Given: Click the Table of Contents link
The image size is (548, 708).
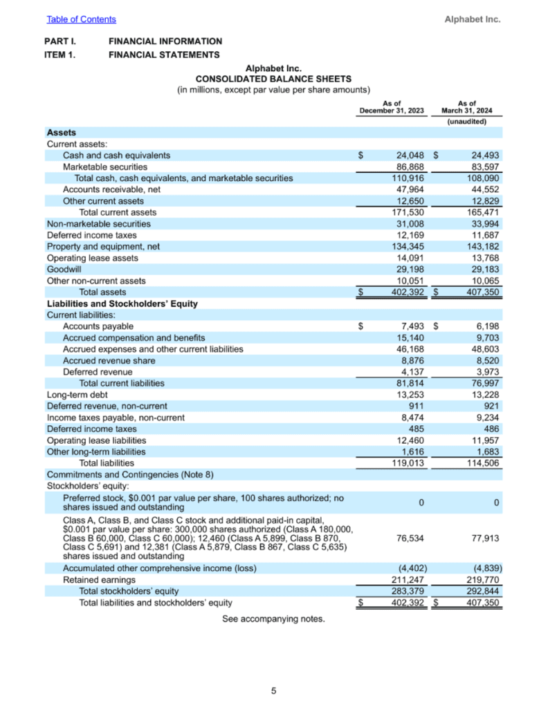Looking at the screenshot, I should [81, 19].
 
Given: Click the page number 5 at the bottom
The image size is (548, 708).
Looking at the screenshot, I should [274, 690].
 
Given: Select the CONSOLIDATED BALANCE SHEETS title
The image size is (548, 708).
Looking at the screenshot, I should [273, 79].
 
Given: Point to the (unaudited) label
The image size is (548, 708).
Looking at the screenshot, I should [467, 122].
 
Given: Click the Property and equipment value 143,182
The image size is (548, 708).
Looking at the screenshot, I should [482, 246].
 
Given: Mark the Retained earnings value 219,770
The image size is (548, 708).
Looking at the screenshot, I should [482, 579].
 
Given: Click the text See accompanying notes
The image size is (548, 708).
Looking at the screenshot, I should [273, 619].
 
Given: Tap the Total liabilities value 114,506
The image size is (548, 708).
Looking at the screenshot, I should [482, 463].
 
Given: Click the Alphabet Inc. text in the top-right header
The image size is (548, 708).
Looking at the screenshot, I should [472, 19].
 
